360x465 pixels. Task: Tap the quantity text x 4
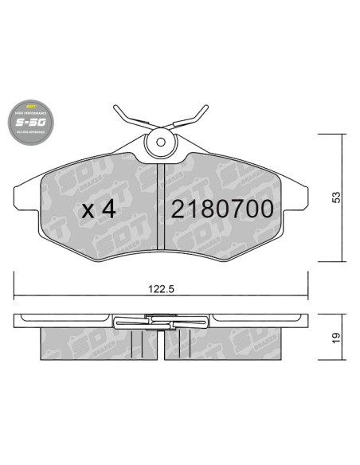[x=100, y=209]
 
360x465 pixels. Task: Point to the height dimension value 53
[x=337, y=197]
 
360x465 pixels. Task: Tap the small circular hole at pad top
[x=162, y=143]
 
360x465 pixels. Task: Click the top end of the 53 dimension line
[x=342, y=134]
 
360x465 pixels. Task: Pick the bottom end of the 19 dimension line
[x=342, y=358]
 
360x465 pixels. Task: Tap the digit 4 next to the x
[x=109, y=209]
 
